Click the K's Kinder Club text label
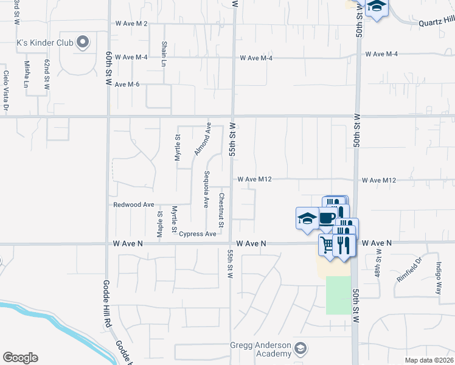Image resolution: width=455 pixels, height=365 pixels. [x=44, y=43]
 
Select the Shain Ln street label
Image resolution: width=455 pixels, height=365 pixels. [x=164, y=54]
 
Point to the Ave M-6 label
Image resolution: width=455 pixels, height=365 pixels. [x=127, y=84]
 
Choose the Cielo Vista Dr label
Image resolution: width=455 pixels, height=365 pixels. [x=5, y=91]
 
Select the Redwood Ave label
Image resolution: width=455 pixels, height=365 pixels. [x=134, y=205]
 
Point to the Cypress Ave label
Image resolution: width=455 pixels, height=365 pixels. [x=198, y=234]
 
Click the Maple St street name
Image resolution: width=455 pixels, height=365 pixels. [x=160, y=223]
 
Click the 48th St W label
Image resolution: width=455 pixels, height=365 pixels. [x=378, y=262]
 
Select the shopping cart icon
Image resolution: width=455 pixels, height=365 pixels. [x=327, y=244]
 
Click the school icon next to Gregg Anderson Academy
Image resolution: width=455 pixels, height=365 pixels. [x=300, y=349]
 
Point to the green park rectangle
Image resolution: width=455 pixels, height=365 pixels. [x=339, y=295]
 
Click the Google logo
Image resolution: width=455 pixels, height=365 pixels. [x=20, y=358]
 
